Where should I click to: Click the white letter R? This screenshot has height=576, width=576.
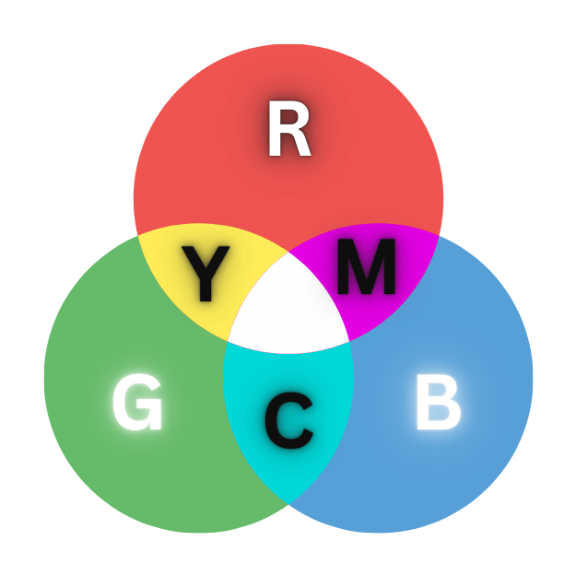288,131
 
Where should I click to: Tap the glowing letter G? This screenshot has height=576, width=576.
137,405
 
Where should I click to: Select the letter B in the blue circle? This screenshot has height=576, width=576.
438,405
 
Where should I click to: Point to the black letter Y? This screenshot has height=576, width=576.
205,274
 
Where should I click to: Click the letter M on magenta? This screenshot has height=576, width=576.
366,267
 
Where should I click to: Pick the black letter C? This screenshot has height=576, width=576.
288,419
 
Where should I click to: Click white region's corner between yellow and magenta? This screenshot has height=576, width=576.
288,251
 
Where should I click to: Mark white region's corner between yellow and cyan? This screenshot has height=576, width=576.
228,340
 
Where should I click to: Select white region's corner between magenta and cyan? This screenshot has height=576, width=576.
349,340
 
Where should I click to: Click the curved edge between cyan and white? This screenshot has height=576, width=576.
288,354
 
